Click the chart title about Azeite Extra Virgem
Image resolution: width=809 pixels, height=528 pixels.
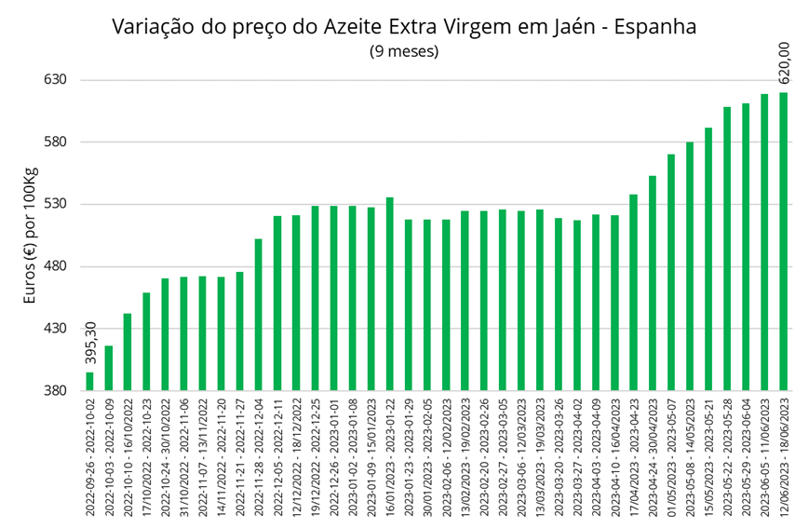coord(404,26)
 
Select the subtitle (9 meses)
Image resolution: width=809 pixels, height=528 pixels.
coord(404,51)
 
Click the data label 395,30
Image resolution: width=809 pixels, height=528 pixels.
coord(90,343)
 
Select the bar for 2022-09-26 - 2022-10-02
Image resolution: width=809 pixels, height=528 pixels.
coord(89,381)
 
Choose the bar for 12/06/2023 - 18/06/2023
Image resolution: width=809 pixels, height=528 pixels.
coord(783,241)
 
